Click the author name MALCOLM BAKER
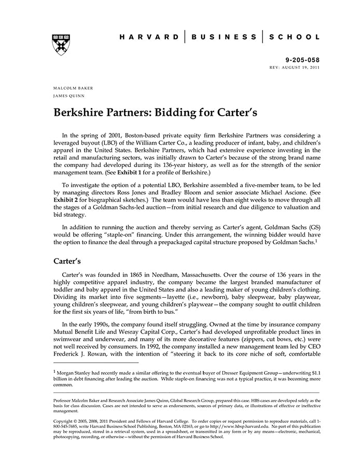point(73,88)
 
